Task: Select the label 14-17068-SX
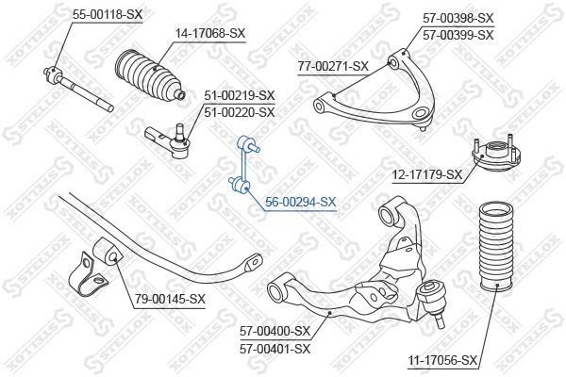tap(209, 34)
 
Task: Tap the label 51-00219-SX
tap(240, 95)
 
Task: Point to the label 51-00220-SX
tap(240, 112)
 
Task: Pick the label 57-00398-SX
tap(458, 18)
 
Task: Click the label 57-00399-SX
tap(458, 35)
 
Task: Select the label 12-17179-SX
tap(427, 174)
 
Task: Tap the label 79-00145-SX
tap(170, 299)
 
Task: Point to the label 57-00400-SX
tap(275, 331)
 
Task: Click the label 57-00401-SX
tap(275, 348)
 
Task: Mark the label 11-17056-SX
tap(443, 360)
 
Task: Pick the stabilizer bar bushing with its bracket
tap(93, 268)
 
